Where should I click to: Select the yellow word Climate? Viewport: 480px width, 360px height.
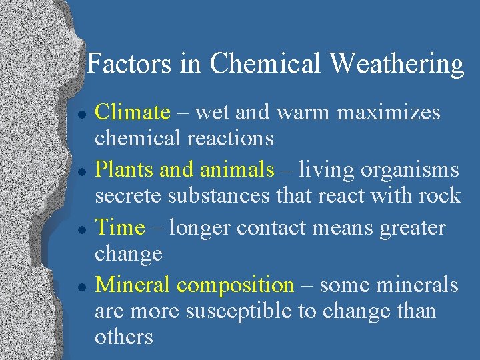[x=133, y=112]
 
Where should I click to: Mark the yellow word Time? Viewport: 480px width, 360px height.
[x=120, y=227]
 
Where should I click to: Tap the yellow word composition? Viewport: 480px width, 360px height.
[x=235, y=286]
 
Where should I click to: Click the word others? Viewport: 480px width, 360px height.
[x=124, y=336]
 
